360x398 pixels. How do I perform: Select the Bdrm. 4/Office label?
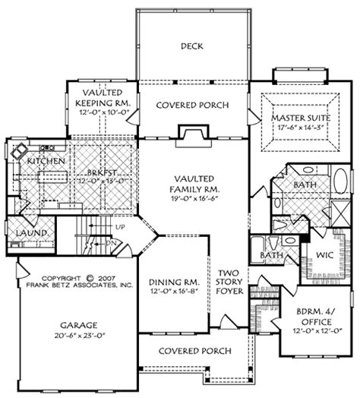pos(317,320)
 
